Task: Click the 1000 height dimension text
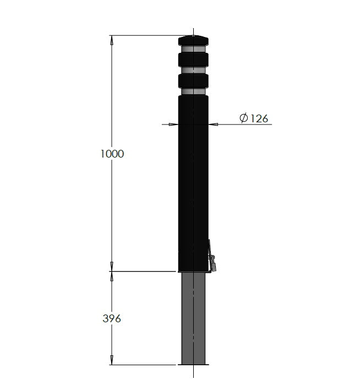coord(112,154)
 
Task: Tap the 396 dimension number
coord(111,318)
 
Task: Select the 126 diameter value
coord(256,118)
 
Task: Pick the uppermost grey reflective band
coord(194,49)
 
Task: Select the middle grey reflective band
coord(194,70)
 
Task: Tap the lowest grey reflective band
coord(194,91)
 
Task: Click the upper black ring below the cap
coord(194,59)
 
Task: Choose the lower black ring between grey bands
coord(194,80)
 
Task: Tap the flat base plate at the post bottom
coord(194,364)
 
